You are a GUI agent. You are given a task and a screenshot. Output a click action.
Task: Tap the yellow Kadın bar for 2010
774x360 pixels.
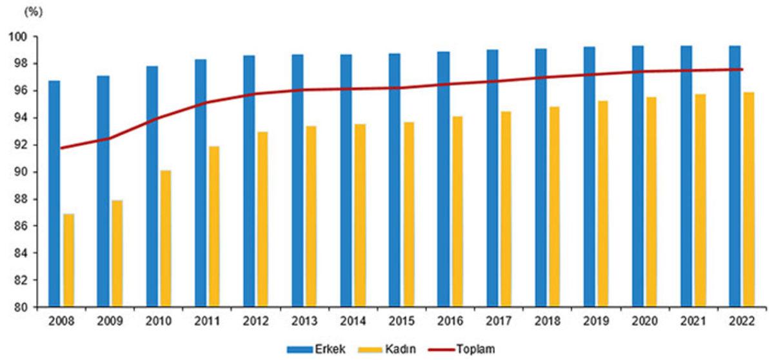coord(166,239)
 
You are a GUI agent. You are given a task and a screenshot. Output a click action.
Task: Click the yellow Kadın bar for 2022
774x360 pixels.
coord(748,199)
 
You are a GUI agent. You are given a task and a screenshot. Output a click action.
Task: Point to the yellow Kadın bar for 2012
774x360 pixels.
coord(263,219)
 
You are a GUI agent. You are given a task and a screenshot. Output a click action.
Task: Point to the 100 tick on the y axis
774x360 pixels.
coord(17,37)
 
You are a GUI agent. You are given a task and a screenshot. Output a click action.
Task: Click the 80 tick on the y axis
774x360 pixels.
coord(20,307)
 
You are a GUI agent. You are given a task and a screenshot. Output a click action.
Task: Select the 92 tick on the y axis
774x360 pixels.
coord(20,145)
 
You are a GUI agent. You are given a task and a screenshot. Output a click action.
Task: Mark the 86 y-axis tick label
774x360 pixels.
coord(20,226)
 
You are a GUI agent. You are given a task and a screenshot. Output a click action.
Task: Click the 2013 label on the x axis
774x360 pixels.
coord(304,321)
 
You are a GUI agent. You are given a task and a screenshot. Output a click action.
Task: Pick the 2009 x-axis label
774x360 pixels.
coord(110,321)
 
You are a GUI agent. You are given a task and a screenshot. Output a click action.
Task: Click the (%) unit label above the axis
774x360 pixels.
coord(34,12)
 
